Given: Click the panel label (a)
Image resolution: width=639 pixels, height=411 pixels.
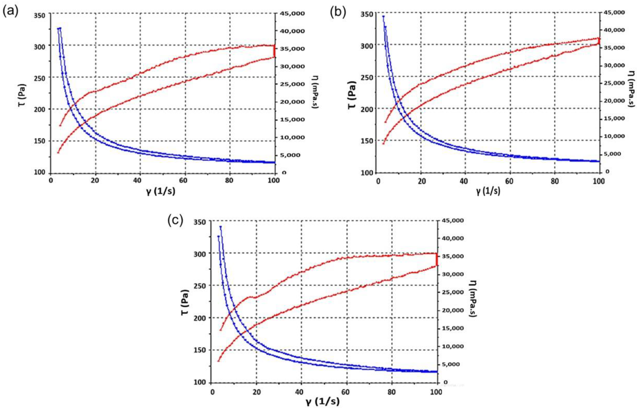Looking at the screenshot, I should (x=10, y=12).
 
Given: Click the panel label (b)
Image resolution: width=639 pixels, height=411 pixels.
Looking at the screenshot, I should (x=338, y=12).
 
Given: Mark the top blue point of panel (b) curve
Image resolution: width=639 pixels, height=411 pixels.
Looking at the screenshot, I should (x=383, y=17).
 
